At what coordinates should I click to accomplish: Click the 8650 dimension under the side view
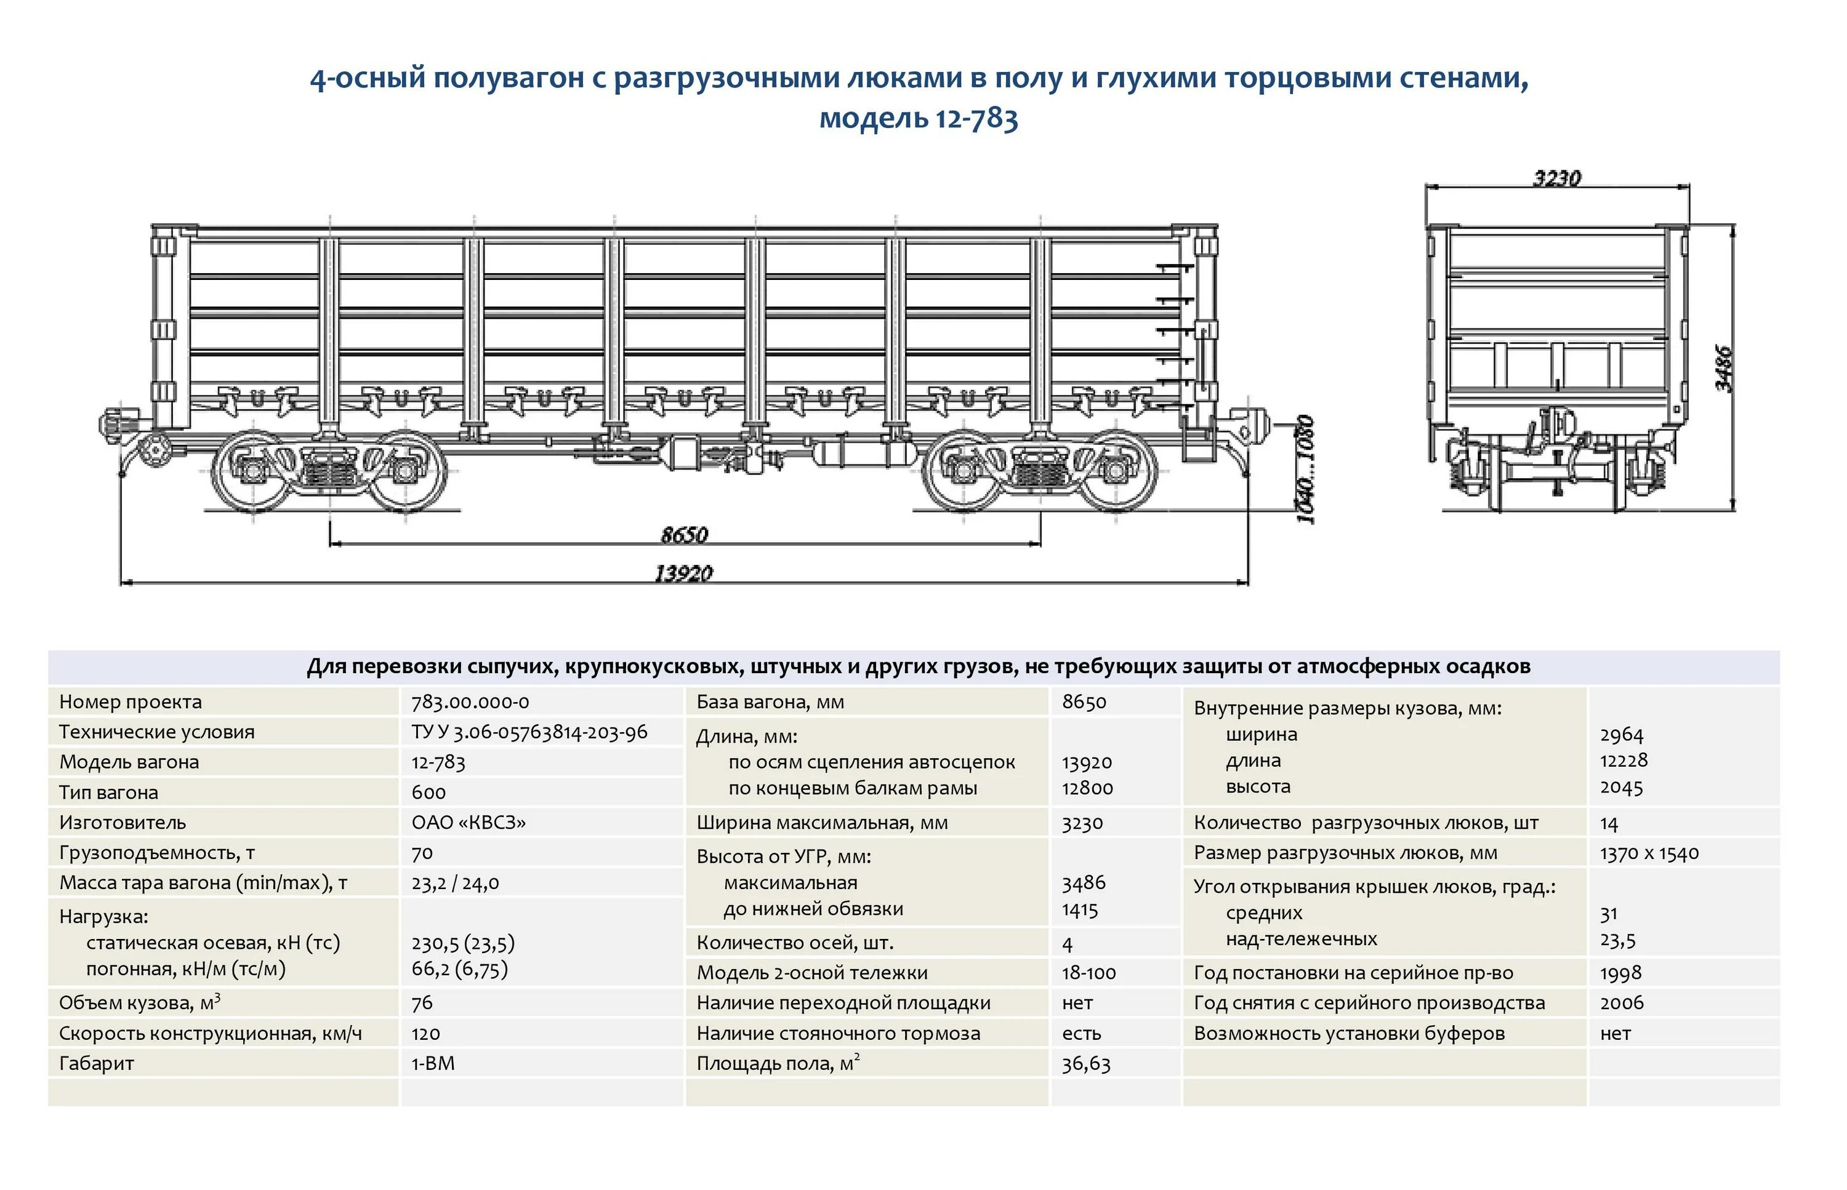684,535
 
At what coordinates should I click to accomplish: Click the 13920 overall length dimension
683,573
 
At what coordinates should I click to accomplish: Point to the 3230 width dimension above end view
1557,178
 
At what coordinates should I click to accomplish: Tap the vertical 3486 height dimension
1723,368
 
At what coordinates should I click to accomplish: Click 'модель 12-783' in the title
919,118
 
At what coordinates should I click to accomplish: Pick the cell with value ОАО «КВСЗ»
469,822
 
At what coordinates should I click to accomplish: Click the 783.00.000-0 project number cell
470,701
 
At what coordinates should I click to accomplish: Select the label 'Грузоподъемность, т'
157,852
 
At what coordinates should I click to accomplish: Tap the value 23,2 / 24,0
456,882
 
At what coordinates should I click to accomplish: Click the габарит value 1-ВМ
433,1063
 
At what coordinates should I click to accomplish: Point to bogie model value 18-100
1088,973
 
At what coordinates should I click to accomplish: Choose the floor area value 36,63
1085,1064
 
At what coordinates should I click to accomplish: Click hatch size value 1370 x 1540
1649,853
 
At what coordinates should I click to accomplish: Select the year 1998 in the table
1620,973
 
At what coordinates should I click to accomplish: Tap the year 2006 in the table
1621,1003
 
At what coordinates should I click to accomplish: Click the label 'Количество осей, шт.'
795,943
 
